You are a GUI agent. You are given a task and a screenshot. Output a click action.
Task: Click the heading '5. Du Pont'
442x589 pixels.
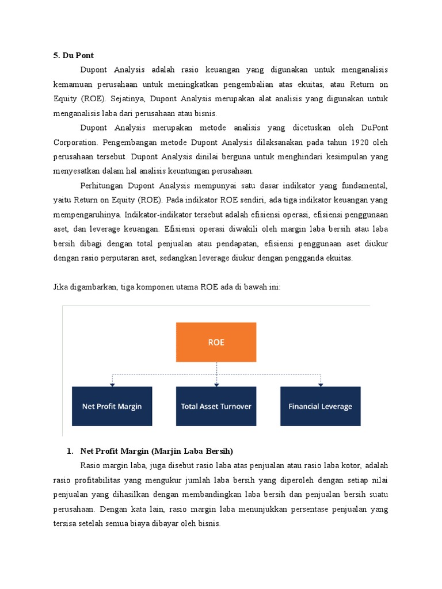(x=73, y=56)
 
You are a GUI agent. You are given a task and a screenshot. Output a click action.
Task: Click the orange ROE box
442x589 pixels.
(x=216, y=342)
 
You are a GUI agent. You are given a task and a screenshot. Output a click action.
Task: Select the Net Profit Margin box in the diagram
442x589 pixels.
(x=112, y=406)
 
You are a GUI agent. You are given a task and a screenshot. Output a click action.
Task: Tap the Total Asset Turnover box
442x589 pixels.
(x=216, y=406)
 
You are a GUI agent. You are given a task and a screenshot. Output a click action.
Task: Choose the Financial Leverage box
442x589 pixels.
(x=320, y=406)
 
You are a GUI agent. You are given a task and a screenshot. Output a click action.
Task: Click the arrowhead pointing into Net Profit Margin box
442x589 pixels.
(x=112, y=384)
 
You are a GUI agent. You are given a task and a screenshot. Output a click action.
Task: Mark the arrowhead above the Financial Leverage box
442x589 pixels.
(x=320, y=384)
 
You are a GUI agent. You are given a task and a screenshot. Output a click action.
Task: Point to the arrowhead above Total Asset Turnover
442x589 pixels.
(x=216, y=384)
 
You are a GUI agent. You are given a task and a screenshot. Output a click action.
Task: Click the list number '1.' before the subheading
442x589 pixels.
(x=71, y=450)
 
